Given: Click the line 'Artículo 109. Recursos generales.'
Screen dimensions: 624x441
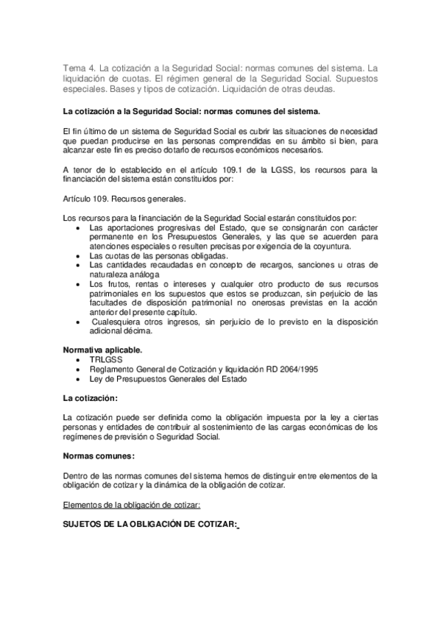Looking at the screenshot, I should (x=124, y=198).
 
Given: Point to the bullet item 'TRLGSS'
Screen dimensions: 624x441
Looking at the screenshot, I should (x=105, y=361).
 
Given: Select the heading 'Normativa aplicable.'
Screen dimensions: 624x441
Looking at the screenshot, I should (x=103, y=350).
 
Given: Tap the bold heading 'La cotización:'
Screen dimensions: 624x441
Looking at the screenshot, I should (x=91, y=398).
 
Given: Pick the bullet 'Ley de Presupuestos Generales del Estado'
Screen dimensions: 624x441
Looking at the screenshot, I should (x=168, y=379).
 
